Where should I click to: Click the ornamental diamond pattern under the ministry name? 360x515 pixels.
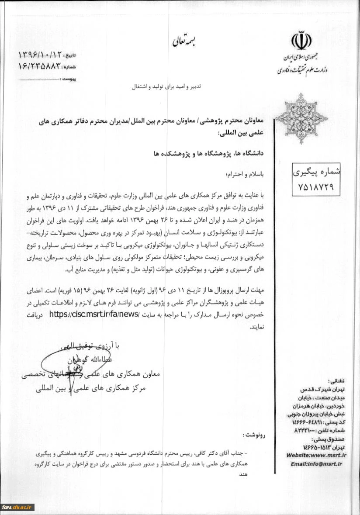[301, 118]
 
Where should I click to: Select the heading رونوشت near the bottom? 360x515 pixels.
[257, 435]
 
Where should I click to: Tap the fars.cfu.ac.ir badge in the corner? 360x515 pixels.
[17, 507]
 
